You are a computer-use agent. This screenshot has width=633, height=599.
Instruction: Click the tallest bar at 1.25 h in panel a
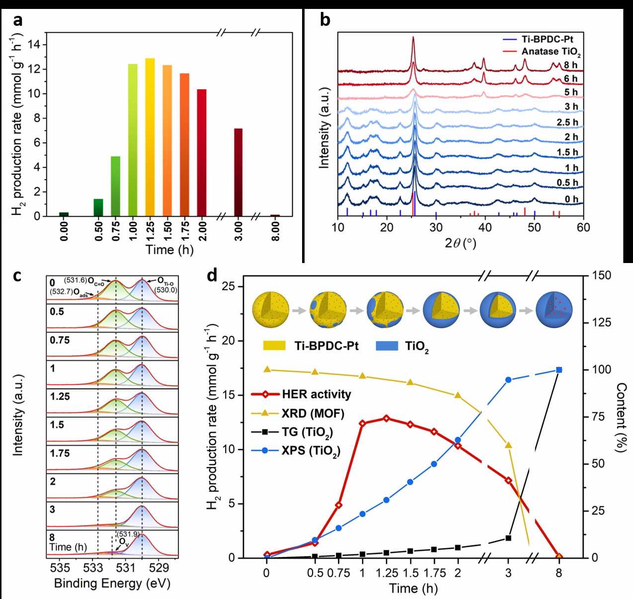150,137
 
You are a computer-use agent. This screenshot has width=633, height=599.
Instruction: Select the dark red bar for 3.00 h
238,172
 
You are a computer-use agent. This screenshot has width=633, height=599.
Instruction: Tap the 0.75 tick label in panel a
116,231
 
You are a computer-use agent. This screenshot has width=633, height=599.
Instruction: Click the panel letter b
325,20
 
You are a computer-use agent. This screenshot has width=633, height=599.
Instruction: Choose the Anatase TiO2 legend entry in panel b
551,52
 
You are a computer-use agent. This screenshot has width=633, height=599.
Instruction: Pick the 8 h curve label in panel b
570,65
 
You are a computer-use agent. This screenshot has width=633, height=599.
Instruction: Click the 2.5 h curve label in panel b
567,122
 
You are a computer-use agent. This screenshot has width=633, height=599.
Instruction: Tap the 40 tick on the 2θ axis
485,227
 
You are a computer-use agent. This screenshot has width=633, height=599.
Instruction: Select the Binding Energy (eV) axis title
112,583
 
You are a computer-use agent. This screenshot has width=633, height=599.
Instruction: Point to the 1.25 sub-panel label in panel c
60,397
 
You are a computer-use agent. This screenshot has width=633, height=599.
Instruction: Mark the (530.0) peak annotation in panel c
165,290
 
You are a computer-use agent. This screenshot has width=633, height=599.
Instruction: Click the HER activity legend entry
316,395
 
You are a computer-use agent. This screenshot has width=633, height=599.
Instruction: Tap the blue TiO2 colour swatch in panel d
387,346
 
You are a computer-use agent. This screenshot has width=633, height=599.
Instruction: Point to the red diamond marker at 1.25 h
387,418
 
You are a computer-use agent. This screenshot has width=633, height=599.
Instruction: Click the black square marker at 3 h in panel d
508,538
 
